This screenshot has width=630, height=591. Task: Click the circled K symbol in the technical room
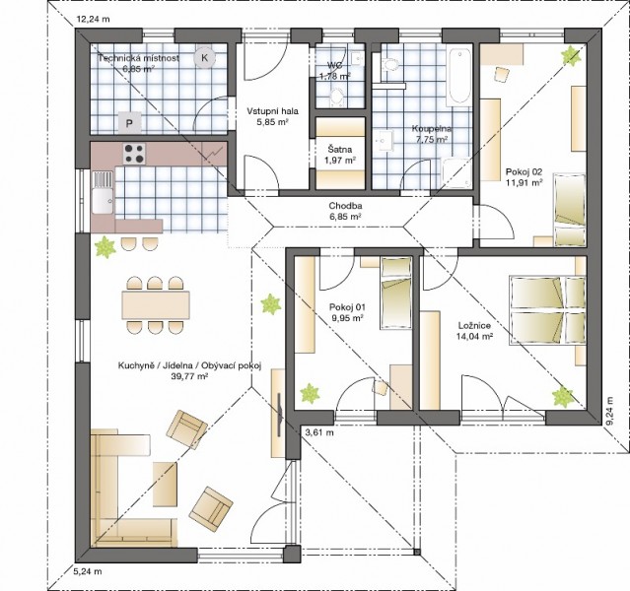(x=204, y=58)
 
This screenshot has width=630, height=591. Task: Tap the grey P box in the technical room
(x=129, y=123)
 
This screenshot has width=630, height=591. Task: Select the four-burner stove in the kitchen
(x=134, y=154)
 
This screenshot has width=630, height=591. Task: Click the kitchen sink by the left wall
(x=103, y=192)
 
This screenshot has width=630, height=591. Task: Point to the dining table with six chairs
(x=156, y=305)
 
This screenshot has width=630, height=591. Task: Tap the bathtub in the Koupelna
(x=459, y=77)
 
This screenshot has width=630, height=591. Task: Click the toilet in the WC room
(x=336, y=98)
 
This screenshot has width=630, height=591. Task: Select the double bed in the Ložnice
(x=547, y=310)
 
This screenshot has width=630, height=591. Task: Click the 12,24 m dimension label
(x=94, y=19)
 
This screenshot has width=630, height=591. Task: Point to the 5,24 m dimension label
(x=87, y=571)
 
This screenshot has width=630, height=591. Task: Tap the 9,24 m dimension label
(x=609, y=411)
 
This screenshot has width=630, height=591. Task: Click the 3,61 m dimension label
(x=319, y=432)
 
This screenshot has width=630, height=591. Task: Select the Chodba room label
(x=345, y=206)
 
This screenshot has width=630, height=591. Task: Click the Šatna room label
(x=340, y=150)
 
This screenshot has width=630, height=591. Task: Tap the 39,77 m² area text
(x=190, y=376)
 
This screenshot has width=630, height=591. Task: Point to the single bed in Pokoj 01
(x=396, y=294)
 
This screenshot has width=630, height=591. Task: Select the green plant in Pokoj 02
(x=571, y=55)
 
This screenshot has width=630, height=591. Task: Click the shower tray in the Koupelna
(x=456, y=172)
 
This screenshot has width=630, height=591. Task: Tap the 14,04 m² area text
(x=474, y=337)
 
